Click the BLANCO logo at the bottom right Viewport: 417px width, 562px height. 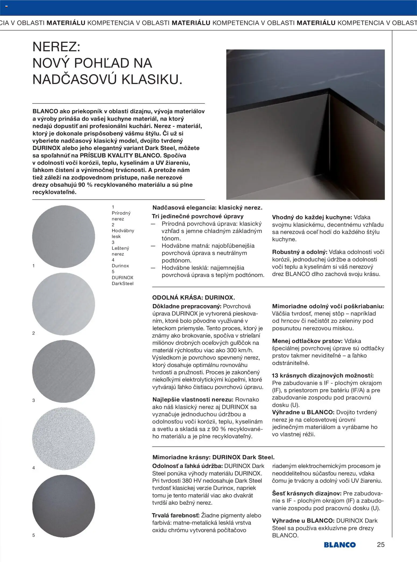point(340,545)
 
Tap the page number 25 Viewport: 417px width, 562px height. point(381,545)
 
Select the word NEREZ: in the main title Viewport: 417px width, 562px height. point(56,47)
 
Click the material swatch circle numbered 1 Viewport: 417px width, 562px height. point(63,237)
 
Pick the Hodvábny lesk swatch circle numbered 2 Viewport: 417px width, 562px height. point(63,304)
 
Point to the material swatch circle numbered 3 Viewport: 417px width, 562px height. point(63,371)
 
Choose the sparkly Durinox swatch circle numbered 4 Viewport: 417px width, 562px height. point(63,439)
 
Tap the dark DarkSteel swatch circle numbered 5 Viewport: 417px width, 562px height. point(63,506)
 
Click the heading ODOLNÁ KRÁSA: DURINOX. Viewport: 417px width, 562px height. point(193,298)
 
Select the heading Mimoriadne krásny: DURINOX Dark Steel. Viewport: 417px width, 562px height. point(213,457)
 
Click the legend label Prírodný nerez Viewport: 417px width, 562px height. point(121,216)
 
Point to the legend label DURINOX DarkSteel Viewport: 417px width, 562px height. point(122,281)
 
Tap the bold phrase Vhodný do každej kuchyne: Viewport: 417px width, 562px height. point(312,217)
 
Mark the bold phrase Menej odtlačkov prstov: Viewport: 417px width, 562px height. point(307,341)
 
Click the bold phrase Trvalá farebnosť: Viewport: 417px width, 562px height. point(175,515)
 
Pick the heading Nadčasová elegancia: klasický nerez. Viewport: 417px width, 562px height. point(207,208)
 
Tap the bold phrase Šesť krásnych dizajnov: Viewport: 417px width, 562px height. point(307,493)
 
